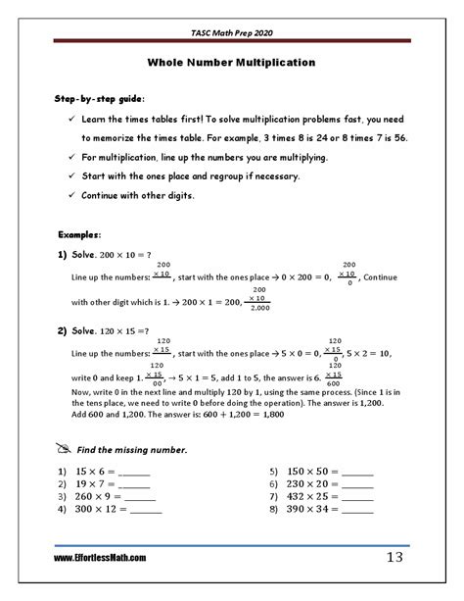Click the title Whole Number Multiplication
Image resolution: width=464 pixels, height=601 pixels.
point(231,62)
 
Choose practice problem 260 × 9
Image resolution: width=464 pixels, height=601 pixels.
point(98,495)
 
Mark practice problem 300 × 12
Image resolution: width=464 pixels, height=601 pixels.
point(102,509)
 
